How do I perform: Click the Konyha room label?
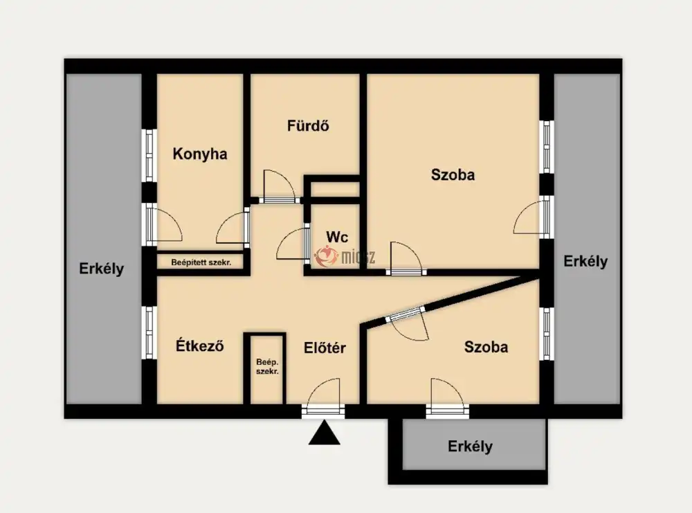[200, 154]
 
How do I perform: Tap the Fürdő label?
[308, 125]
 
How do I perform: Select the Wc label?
[337, 237]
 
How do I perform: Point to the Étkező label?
[199, 345]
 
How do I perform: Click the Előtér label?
[325, 348]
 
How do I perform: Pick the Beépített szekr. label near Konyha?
[201, 262]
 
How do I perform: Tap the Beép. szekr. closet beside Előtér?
[267, 367]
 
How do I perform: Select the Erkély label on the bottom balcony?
[470, 447]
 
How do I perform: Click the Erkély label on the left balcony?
[102, 269]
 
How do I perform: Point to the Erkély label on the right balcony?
[585, 262]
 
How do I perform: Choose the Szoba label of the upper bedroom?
[453, 174]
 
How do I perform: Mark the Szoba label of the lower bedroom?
[486, 347]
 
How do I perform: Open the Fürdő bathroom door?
[279, 187]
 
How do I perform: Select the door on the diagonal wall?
[406, 323]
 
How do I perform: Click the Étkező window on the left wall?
[149, 333]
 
